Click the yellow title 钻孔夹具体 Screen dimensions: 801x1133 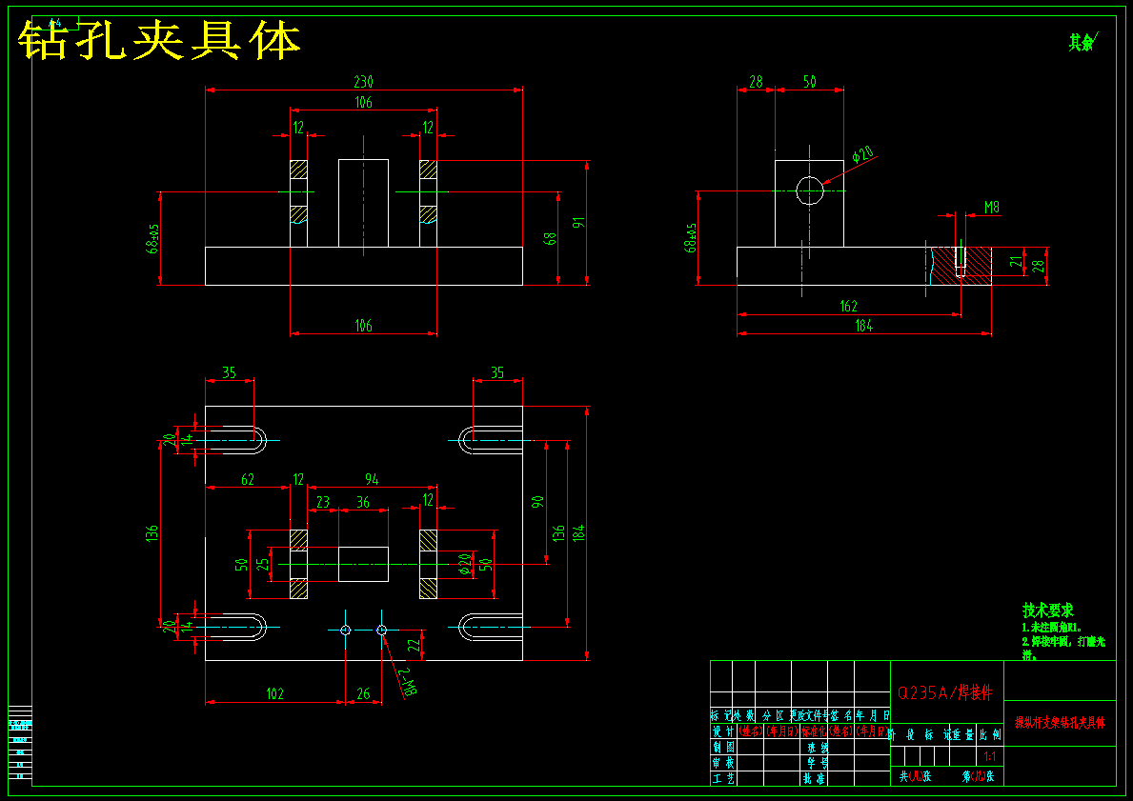click(160, 41)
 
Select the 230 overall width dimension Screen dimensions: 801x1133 click(363, 82)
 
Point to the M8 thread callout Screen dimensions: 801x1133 click(992, 207)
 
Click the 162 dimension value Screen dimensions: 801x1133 click(848, 307)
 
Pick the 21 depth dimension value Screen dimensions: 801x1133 click(1015, 262)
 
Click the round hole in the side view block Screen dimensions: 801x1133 click(809, 190)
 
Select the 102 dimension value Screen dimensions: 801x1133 click(274, 694)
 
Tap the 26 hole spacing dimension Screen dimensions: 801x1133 click(363, 694)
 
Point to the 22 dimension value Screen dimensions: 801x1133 click(414, 645)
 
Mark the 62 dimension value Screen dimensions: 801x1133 click(248, 479)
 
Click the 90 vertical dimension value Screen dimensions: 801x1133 click(537, 502)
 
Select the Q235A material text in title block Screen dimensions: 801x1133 click(946, 691)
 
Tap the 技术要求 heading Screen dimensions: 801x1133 click(1048, 611)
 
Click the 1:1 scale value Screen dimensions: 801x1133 click(991, 756)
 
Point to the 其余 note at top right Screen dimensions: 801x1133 click(1082, 42)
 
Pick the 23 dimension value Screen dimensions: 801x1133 click(323, 502)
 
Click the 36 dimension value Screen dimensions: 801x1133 click(363, 502)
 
